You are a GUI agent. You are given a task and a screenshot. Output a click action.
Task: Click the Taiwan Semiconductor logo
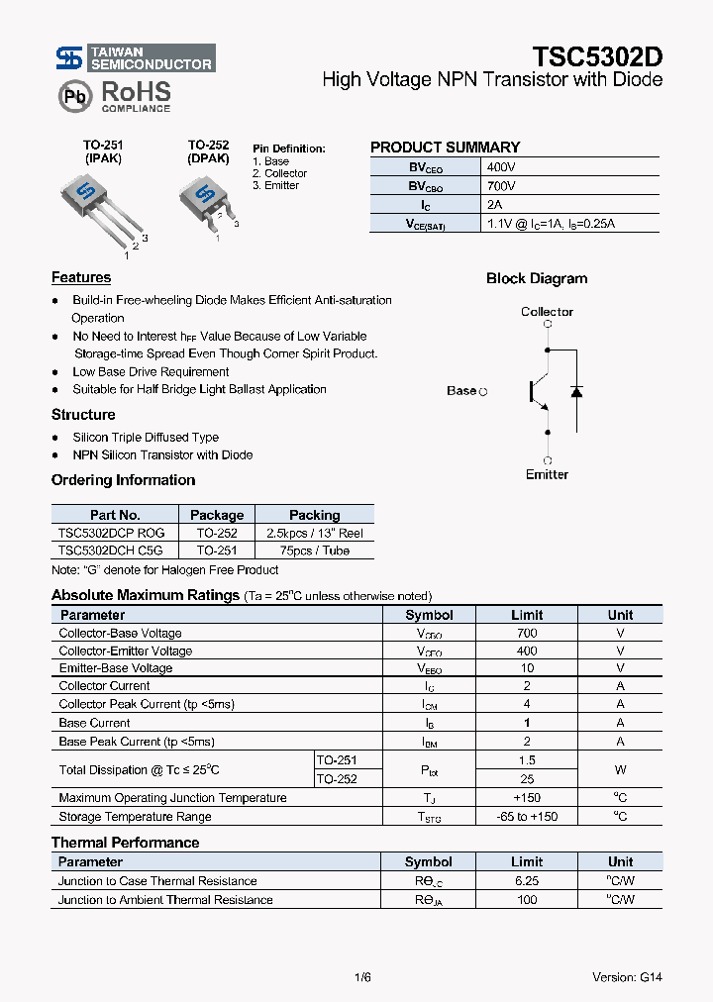point(134,58)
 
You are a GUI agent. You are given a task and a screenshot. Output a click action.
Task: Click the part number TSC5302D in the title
point(597,55)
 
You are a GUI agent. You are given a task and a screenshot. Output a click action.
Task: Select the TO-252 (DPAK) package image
point(207,201)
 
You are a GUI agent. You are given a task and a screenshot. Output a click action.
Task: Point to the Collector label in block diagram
point(547,312)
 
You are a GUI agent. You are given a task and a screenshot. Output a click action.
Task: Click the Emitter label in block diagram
point(547,474)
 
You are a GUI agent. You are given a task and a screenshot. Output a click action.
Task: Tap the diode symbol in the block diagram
point(576,391)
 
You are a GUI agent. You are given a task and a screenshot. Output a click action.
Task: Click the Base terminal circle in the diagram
point(483,392)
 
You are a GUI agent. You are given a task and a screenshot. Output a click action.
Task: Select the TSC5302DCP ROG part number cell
point(112,533)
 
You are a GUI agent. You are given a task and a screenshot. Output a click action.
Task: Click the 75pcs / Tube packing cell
point(314,551)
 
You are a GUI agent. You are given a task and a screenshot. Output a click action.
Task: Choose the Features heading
point(81,278)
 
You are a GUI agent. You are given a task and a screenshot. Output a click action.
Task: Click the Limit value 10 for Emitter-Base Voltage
point(527,668)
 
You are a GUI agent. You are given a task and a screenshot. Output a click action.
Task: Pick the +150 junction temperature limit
point(527,798)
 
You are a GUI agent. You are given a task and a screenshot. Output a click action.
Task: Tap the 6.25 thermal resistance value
point(527,881)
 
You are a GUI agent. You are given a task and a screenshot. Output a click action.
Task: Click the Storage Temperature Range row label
point(135,817)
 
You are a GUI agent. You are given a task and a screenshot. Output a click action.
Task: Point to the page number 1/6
point(361,977)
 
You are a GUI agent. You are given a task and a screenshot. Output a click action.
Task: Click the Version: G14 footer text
point(627,977)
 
